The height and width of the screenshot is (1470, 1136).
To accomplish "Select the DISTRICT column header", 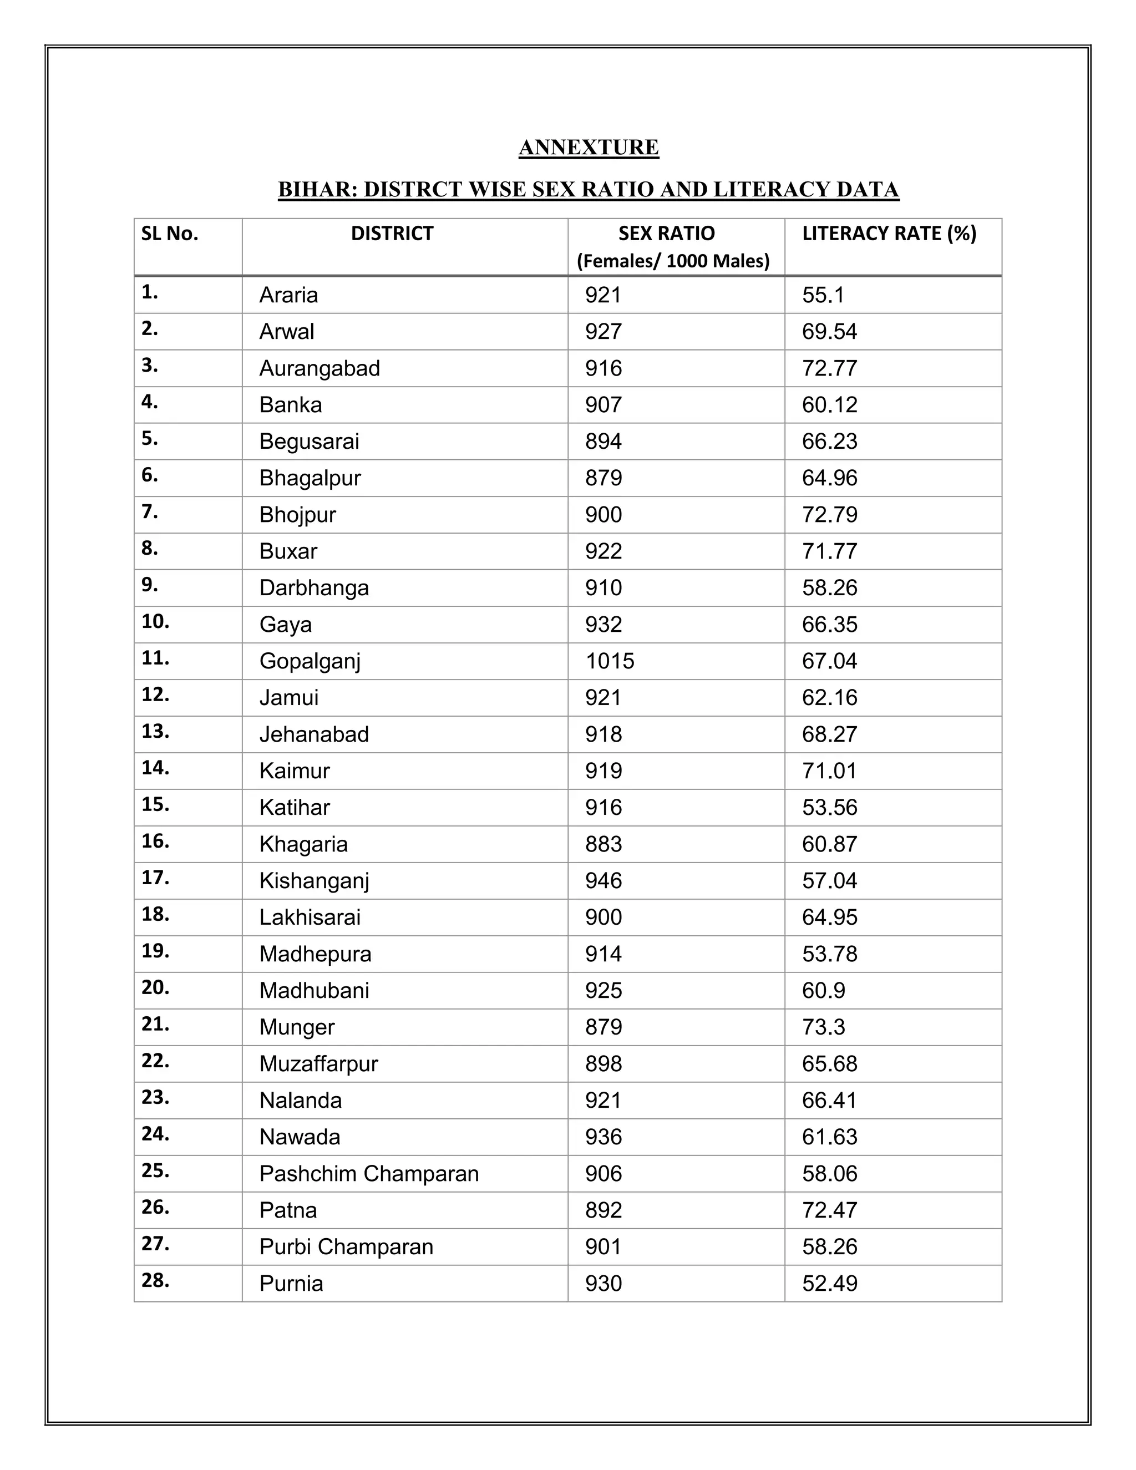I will [392, 234].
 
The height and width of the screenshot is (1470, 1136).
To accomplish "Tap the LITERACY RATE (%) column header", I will [889, 234].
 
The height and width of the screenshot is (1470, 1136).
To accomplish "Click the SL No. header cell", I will [170, 234].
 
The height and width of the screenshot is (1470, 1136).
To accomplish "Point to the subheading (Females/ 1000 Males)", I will [672, 261].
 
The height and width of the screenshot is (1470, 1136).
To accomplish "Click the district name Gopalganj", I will [310, 661].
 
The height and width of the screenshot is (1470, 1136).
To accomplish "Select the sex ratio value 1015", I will [609, 661].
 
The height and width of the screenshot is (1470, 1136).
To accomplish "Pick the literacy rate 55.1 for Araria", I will [823, 295].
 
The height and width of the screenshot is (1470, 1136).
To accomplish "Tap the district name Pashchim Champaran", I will [369, 1173].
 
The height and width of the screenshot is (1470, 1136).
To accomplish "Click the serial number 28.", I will [155, 1280].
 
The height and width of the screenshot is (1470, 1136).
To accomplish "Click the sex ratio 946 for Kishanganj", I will [603, 880].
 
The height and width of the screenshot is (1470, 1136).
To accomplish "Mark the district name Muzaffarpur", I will [318, 1063].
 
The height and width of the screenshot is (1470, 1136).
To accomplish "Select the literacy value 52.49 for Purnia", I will [829, 1283].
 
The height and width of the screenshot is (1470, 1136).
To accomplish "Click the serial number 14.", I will [155, 768].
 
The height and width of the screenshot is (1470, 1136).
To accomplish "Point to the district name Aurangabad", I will [319, 368].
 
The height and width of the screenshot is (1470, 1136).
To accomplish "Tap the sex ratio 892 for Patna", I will [603, 1209].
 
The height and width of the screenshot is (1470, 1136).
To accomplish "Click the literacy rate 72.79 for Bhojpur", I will [829, 514].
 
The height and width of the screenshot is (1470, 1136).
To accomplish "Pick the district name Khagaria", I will [303, 844].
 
